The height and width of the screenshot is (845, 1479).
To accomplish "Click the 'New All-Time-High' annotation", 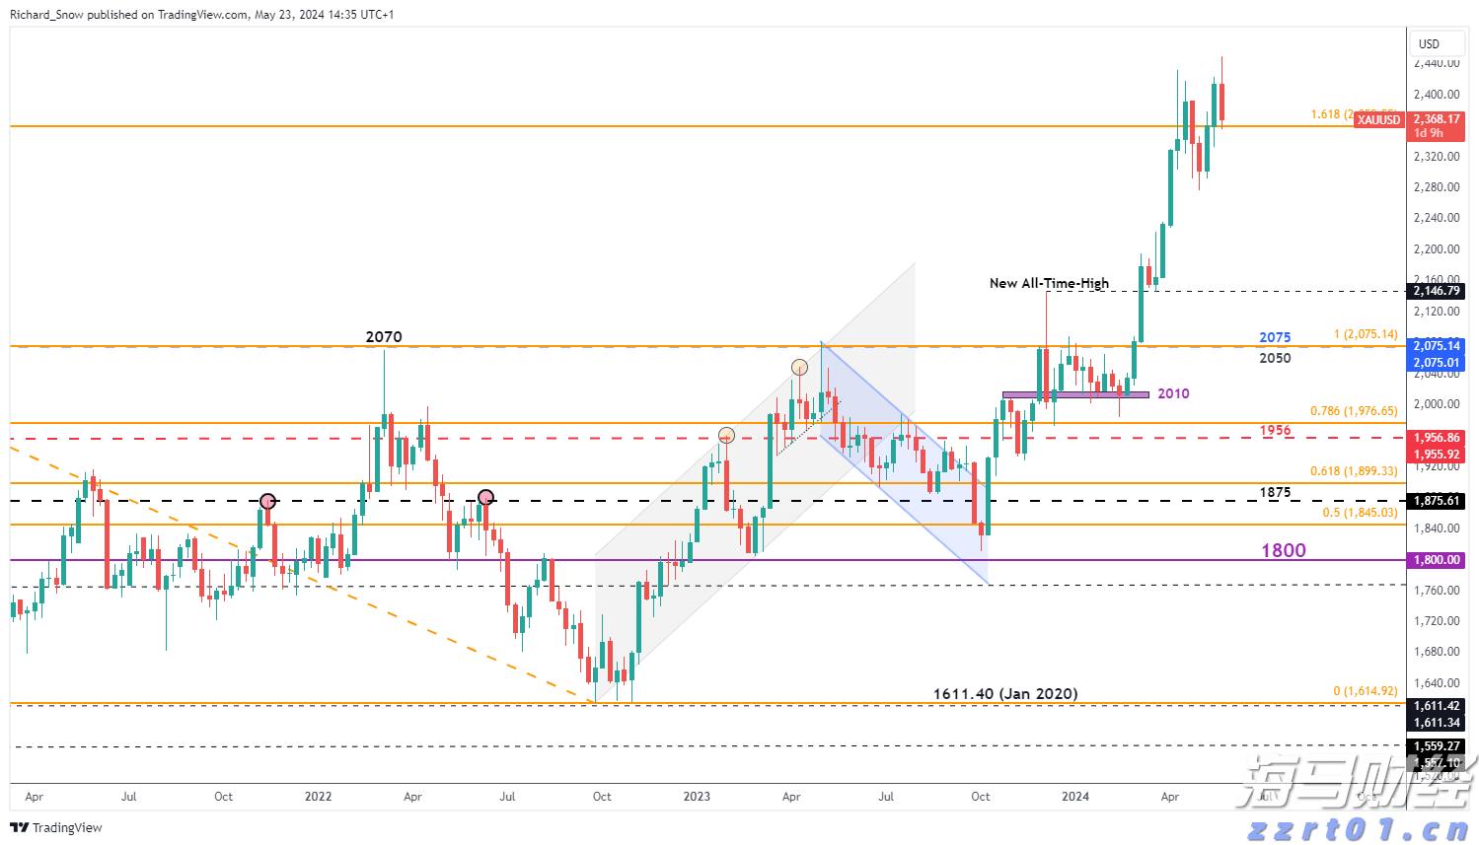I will point(1049,283).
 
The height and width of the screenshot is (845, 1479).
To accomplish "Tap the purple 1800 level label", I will point(1283,550).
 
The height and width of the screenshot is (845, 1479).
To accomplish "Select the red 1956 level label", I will point(1275,430).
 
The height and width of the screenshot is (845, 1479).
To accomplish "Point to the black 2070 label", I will point(384,337).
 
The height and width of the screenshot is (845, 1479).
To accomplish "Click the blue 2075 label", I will point(1275,337).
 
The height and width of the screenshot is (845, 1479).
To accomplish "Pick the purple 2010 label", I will point(1173,393).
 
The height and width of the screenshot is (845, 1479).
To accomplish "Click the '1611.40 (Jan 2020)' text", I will point(1005,694).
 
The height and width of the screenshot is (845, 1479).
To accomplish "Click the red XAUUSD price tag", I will point(1378,119).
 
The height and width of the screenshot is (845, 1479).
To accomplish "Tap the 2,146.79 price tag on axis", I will point(1437,291).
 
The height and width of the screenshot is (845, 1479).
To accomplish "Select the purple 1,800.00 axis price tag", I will point(1437,560).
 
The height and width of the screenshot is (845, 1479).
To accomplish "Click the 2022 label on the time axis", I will point(318,797).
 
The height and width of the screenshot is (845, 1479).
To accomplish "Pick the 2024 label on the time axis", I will point(1075,797).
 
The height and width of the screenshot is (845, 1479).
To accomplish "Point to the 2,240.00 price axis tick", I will point(1437,218).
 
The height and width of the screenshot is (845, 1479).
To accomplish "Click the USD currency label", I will point(1429,44).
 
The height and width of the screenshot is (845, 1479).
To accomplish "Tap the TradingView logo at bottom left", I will point(56,827).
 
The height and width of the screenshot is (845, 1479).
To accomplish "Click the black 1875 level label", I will point(1275,492).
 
